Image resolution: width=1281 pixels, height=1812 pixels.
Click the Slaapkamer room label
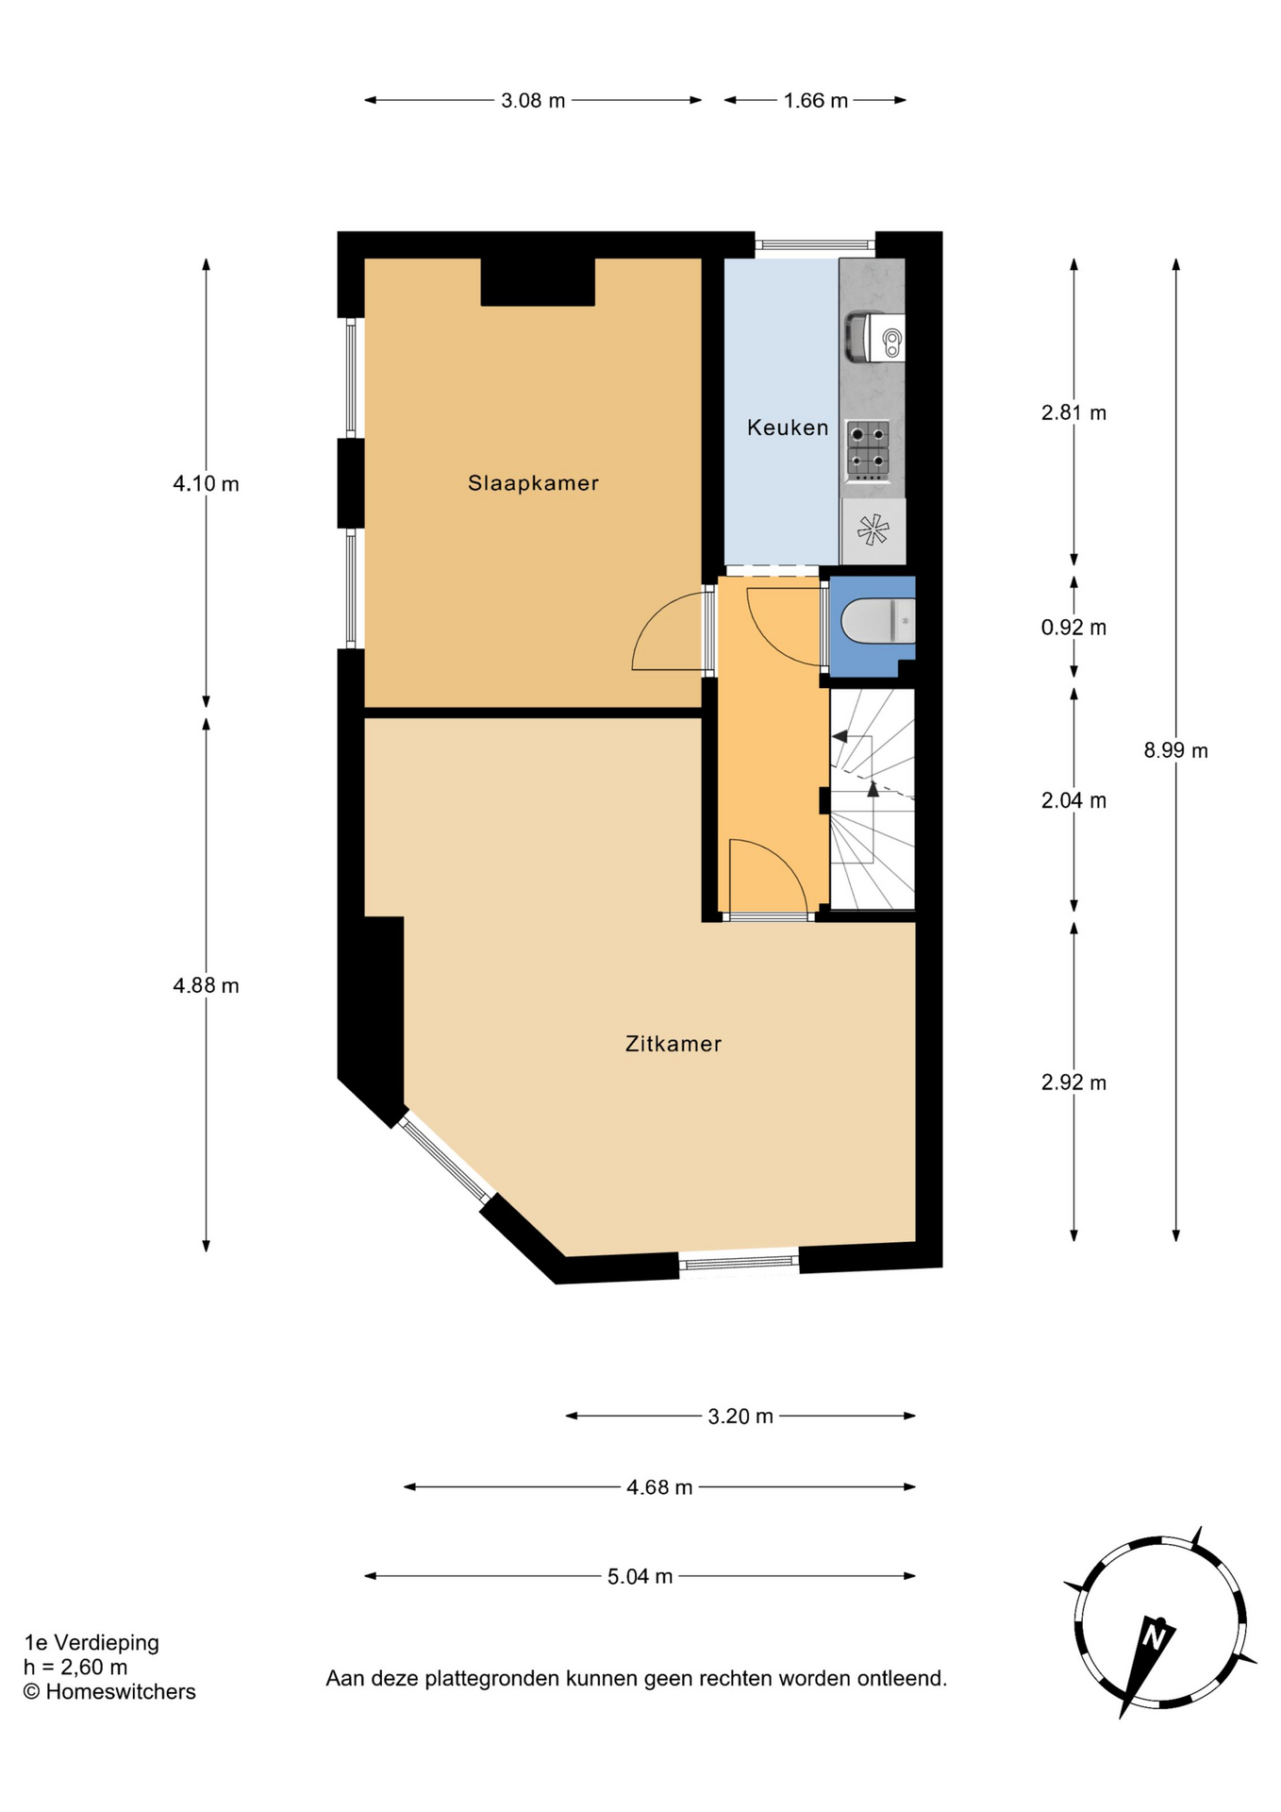pos(533,483)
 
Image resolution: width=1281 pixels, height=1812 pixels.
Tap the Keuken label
pos(788,428)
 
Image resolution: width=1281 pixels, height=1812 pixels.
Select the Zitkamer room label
pos(674,1044)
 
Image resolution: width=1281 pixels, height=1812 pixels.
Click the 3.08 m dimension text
pos(533,100)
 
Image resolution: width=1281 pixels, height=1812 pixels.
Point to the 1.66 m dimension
pos(816,100)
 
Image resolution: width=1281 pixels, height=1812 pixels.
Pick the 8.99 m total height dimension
pos(1175,750)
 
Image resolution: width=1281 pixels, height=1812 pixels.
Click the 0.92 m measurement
pos(1073,628)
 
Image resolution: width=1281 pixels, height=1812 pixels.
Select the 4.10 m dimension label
pos(206,484)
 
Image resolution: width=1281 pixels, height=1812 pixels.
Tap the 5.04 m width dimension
pos(640,1576)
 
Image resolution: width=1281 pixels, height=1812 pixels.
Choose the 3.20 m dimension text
pos(740,1416)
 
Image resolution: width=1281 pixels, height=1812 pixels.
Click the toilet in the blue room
pos(877,621)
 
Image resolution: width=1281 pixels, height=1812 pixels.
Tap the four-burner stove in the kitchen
pos(868,449)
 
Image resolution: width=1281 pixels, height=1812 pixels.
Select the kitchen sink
pos(874,336)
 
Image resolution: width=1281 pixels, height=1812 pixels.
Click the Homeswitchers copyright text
pos(109,1692)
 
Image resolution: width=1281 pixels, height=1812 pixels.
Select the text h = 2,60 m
pos(75,1668)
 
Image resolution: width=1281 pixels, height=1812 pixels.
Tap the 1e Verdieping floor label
pos(91,1643)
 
